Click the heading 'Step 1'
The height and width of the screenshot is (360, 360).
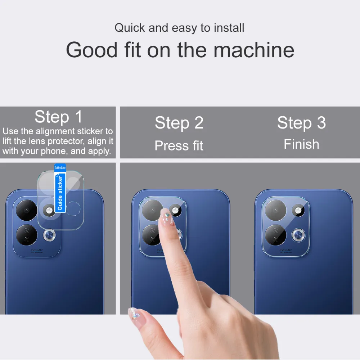point(58,117)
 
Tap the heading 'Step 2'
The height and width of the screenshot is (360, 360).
point(179,123)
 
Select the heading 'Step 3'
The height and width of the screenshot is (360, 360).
point(301,123)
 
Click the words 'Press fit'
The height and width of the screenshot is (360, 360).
point(179,145)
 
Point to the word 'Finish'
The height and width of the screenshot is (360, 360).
point(301,144)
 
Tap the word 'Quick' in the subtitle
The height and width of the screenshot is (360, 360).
point(130,28)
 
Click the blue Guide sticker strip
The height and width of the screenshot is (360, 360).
point(60,188)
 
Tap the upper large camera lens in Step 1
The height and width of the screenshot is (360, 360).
point(27,210)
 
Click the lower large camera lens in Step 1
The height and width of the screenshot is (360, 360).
point(27,235)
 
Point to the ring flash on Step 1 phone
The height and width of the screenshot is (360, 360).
point(49,235)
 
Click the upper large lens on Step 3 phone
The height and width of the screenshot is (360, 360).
point(275,210)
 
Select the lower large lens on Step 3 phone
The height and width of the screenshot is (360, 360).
point(275,235)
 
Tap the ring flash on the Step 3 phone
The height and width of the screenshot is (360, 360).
point(298,235)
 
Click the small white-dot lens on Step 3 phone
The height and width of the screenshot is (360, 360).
point(298,210)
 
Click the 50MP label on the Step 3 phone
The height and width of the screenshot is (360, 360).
point(286,251)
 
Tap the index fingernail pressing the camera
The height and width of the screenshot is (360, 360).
point(167,217)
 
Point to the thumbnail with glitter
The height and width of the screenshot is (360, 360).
point(134,314)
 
